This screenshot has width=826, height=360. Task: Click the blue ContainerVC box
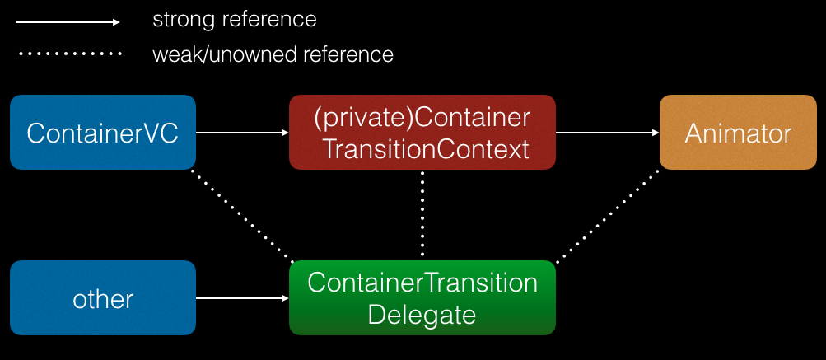[103, 133]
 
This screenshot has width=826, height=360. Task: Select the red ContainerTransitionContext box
[422, 133]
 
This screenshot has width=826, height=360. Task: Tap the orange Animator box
[738, 133]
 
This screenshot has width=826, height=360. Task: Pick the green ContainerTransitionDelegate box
[422, 297]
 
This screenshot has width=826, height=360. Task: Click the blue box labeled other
[103, 297]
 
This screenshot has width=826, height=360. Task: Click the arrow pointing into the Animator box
[608, 132]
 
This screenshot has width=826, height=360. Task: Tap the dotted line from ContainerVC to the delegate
[242, 216]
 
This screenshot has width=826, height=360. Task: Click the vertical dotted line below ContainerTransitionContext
[422, 215]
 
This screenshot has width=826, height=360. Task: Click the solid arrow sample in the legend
[68, 22]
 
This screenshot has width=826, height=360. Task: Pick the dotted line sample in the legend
[68, 54]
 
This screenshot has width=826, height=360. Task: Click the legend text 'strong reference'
[234, 19]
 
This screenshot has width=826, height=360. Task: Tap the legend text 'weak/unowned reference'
[273, 55]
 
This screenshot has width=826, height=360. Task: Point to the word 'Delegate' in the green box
[422, 313]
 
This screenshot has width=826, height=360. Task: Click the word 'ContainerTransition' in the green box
[422, 283]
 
